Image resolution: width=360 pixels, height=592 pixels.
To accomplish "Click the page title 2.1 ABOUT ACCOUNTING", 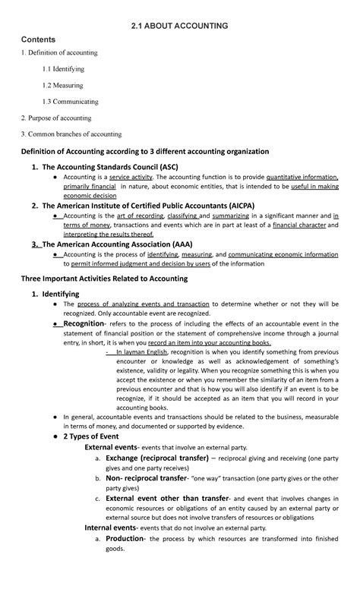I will [180, 26].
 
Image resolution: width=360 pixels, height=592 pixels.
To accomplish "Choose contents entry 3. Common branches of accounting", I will [76, 134].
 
